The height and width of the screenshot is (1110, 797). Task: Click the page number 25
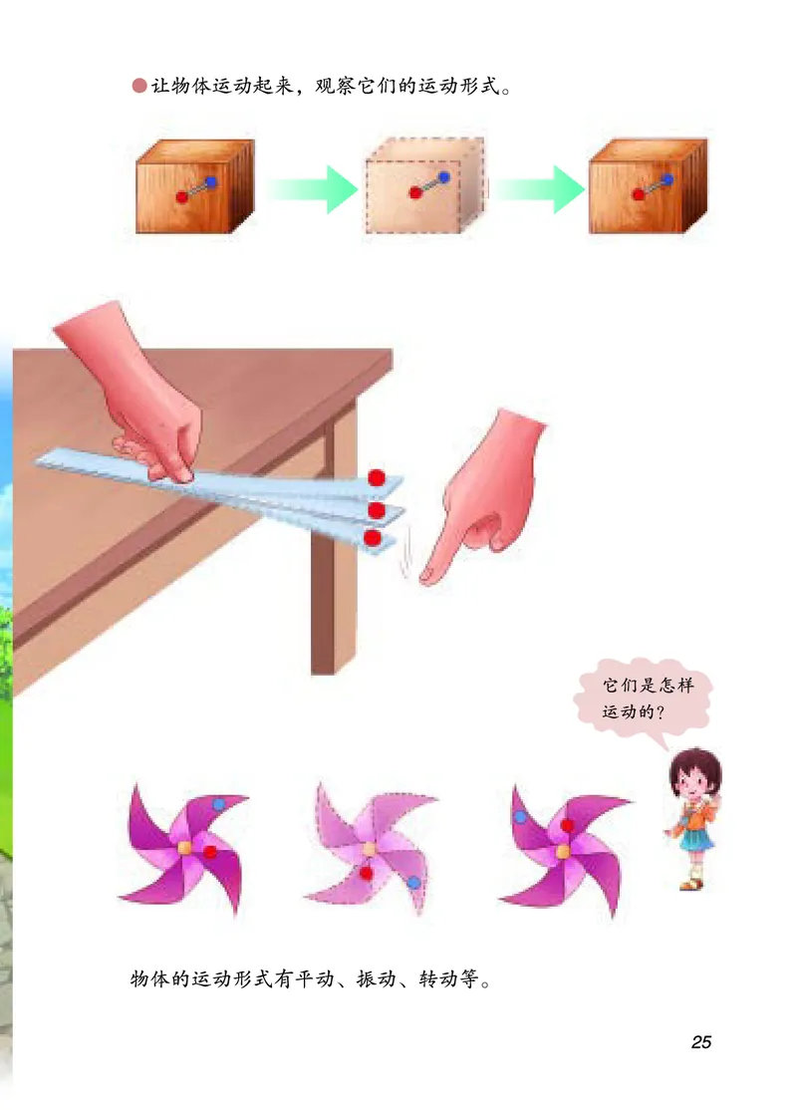click(700, 1042)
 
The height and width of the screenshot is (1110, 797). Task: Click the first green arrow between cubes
click(312, 188)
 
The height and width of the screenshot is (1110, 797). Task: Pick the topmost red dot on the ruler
click(377, 478)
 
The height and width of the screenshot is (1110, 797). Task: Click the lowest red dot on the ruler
click(373, 538)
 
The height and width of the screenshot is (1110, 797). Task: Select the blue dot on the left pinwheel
click(219, 804)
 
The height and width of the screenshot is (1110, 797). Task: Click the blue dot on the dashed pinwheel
click(413, 883)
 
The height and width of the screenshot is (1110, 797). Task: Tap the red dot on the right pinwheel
click(567, 825)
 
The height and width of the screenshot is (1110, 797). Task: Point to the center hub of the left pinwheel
click(184, 847)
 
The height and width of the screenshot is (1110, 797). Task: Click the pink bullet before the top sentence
click(138, 87)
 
